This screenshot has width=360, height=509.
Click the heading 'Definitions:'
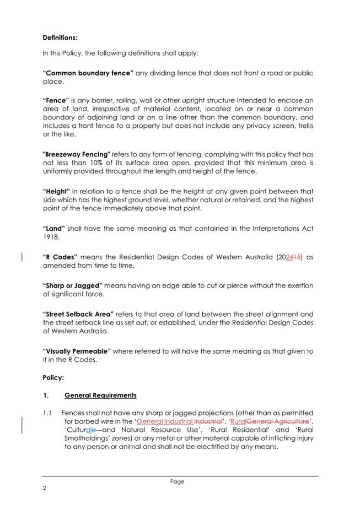tap(60, 39)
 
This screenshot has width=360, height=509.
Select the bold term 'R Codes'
tap(60, 257)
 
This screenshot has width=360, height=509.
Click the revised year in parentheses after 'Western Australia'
tap(292, 257)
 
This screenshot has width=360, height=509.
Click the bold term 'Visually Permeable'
tap(77, 351)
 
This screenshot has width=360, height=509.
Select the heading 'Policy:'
tap(53, 378)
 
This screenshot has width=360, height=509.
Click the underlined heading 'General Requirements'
tap(100, 396)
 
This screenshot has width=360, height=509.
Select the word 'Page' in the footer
tap(177, 481)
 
